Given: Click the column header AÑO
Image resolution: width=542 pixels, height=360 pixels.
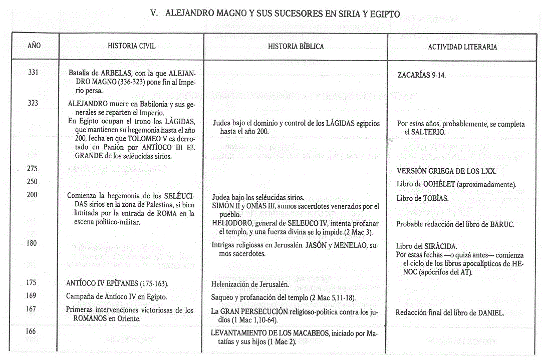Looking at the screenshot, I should [34, 46].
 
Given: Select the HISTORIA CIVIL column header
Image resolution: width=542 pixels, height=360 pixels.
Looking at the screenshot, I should [132, 46].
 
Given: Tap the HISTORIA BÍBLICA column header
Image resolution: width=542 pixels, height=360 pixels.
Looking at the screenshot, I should [296, 47].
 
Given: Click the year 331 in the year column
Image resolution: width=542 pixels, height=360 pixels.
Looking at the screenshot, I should [33, 73].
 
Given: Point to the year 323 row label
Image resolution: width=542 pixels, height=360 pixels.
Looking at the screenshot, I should [33, 103].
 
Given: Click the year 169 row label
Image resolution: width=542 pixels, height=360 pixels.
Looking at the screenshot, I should [31, 296].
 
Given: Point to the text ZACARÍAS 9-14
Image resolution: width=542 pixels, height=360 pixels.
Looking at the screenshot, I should [421, 76].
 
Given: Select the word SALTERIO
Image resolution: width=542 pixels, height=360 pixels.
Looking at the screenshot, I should [427, 133].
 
